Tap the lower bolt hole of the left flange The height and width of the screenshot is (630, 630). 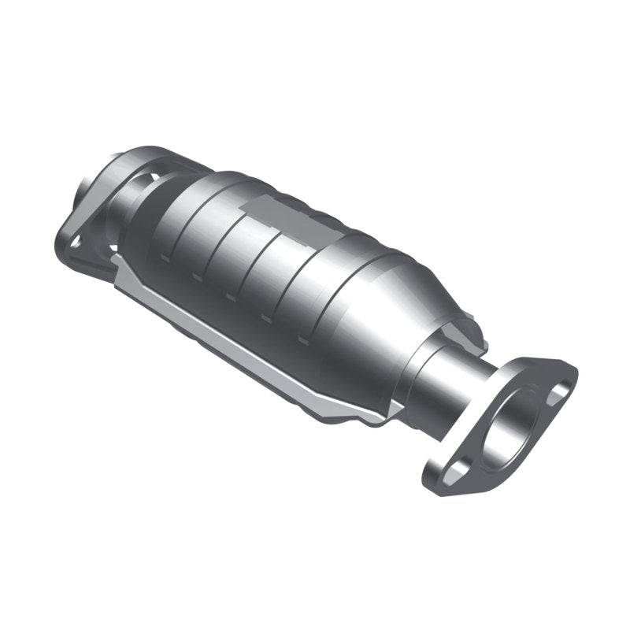pyautogui.click(x=76, y=240)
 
